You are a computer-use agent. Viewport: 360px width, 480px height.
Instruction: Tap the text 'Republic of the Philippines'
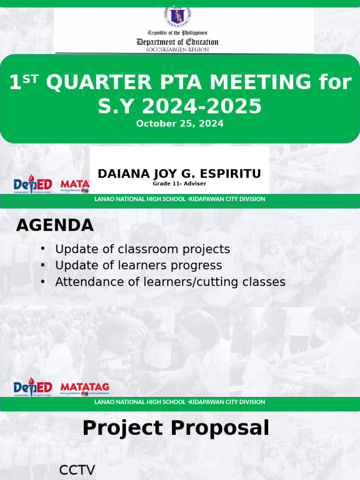(177, 33)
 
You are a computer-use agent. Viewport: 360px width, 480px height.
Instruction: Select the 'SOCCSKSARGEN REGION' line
(178, 49)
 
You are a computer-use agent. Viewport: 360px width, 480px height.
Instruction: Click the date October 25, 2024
(180, 124)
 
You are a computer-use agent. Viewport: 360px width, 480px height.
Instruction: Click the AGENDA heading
(55, 225)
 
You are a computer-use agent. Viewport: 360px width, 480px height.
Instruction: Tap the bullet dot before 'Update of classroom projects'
(43, 249)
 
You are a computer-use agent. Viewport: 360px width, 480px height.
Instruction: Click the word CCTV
(77, 470)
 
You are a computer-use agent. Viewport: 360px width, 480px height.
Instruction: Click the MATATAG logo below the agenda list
(85, 388)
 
